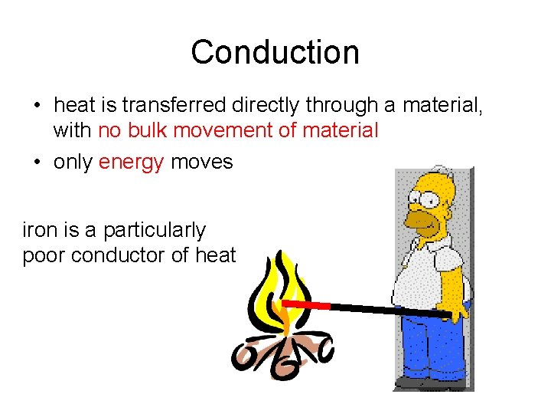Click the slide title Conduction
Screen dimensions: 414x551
click(275, 52)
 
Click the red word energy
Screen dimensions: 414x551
click(131, 162)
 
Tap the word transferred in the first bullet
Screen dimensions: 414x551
click(165, 105)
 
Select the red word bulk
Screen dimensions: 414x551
click(146, 130)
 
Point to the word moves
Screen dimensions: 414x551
click(202, 162)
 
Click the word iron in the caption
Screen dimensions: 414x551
click(39, 230)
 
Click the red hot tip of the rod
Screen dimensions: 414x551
click(307, 305)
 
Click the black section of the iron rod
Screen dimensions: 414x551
click(383, 309)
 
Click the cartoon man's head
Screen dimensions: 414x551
click(432, 203)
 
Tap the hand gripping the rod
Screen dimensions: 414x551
click(455, 310)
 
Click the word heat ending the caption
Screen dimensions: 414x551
click(216, 255)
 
